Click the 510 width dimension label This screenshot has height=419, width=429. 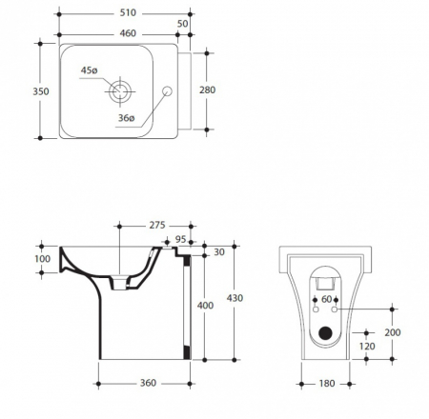pyautogui.click(x=128, y=12)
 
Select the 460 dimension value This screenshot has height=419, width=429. pyautogui.click(x=128, y=33)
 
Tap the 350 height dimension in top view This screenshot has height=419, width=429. pyautogui.click(x=41, y=91)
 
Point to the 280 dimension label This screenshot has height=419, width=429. pyautogui.click(x=208, y=90)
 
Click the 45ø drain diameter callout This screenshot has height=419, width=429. pyautogui.click(x=89, y=70)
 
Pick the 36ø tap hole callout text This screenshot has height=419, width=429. pyautogui.click(x=127, y=118)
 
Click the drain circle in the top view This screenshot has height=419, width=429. pyautogui.click(x=120, y=91)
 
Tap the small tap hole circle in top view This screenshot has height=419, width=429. pyautogui.click(x=167, y=91)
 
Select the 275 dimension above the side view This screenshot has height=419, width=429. pyautogui.click(x=157, y=225)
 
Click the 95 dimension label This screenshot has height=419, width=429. pyautogui.click(x=180, y=239)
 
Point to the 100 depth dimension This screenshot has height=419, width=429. pyautogui.click(x=43, y=259)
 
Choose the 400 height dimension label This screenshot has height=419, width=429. pyautogui.click(x=205, y=306)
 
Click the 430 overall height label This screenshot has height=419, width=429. pyautogui.click(x=235, y=298)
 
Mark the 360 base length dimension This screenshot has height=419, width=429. pyautogui.click(x=148, y=383)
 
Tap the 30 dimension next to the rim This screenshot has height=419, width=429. pyautogui.click(x=219, y=252)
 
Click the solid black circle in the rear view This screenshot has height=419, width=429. pyautogui.click(x=325, y=333)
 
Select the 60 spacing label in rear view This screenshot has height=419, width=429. pyautogui.click(x=326, y=299)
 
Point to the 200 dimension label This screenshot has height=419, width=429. pyautogui.click(x=393, y=332)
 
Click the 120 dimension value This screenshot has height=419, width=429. pyautogui.click(x=367, y=347)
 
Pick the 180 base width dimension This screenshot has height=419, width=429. pyautogui.click(x=327, y=384)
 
